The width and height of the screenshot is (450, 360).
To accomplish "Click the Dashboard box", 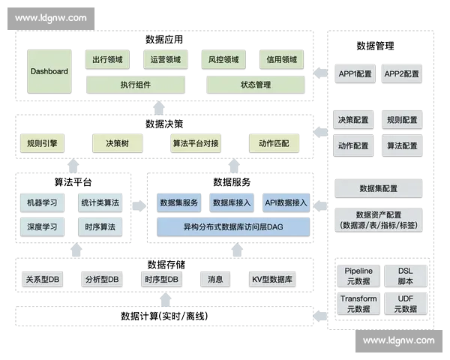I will tap(49, 72).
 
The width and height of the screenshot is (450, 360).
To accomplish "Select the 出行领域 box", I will tap(107, 60).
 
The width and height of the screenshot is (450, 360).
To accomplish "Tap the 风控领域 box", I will tap(223, 60).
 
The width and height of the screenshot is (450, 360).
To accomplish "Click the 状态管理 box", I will tap(256, 85).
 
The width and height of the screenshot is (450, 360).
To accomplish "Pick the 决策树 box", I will tap(116, 143).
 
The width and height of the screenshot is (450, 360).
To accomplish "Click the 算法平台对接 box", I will tap(196, 143).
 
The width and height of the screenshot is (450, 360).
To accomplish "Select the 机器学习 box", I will tap(42, 203).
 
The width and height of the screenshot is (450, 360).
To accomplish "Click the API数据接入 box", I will tap(286, 202).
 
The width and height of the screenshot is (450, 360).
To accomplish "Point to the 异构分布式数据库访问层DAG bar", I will tap(233, 226).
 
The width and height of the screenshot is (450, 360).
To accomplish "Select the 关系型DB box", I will tap(43, 280).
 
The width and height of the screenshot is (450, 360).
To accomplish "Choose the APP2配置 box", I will tap(402, 74).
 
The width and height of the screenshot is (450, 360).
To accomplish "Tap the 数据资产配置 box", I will tap(378, 220).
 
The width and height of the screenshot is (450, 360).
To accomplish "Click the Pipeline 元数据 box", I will tap(358, 276).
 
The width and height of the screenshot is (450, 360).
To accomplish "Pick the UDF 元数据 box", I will tap(405, 304).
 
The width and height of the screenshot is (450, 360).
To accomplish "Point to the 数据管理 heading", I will tap(375, 46).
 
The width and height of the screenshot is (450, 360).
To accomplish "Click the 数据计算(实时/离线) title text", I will tap(163, 316).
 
